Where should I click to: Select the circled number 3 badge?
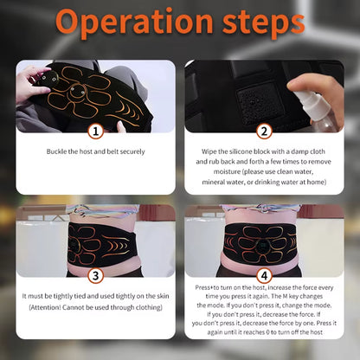(95, 276)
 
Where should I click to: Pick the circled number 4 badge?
(265, 276)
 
